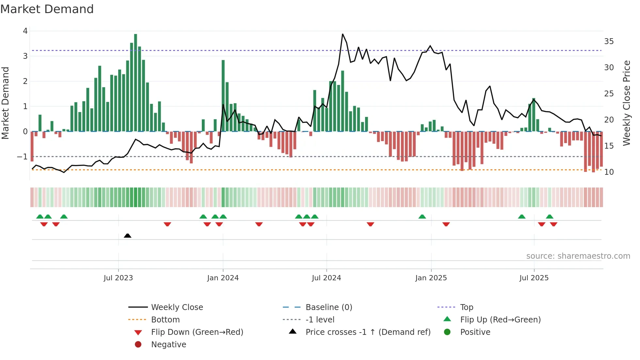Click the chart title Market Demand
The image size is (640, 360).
(47, 9)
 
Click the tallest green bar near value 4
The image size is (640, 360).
(136, 82)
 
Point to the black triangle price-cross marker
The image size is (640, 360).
(128, 236)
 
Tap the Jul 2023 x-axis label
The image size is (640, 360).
(118, 278)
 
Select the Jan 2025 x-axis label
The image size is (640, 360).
(431, 278)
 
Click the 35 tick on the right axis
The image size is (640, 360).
(609, 41)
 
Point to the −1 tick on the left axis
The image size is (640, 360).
(23, 157)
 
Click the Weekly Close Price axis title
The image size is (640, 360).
(626, 103)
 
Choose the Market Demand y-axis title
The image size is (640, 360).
(6, 103)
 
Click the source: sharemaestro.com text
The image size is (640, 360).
(578, 256)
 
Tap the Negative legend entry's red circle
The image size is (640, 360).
(138, 345)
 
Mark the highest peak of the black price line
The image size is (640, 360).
(343, 34)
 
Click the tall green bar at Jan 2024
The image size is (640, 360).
(223, 95)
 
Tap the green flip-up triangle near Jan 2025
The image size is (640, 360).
(422, 217)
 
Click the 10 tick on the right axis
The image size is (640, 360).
(609, 172)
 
